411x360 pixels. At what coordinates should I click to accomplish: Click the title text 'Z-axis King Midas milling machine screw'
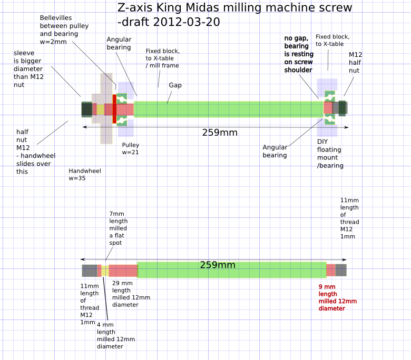(x=234, y=8)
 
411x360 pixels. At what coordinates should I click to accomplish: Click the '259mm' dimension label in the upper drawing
(x=220, y=133)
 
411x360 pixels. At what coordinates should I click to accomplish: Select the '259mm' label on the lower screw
(x=218, y=265)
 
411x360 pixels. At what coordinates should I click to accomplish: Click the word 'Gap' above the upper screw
(x=175, y=85)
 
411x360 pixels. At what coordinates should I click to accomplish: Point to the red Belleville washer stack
(x=114, y=109)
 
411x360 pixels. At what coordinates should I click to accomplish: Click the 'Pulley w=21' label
(x=130, y=148)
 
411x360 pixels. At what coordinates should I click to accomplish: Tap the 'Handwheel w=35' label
(x=84, y=175)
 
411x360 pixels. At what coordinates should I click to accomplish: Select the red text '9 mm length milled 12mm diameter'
(x=337, y=297)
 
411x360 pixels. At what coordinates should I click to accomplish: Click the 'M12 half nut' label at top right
(x=355, y=62)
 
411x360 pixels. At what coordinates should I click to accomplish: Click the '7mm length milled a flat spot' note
(x=118, y=228)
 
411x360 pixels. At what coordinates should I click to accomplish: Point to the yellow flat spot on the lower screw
(x=105, y=271)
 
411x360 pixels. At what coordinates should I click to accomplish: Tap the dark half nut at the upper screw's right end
(x=342, y=108)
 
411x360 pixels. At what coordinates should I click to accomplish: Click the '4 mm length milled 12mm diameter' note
(x=115, y=335)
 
